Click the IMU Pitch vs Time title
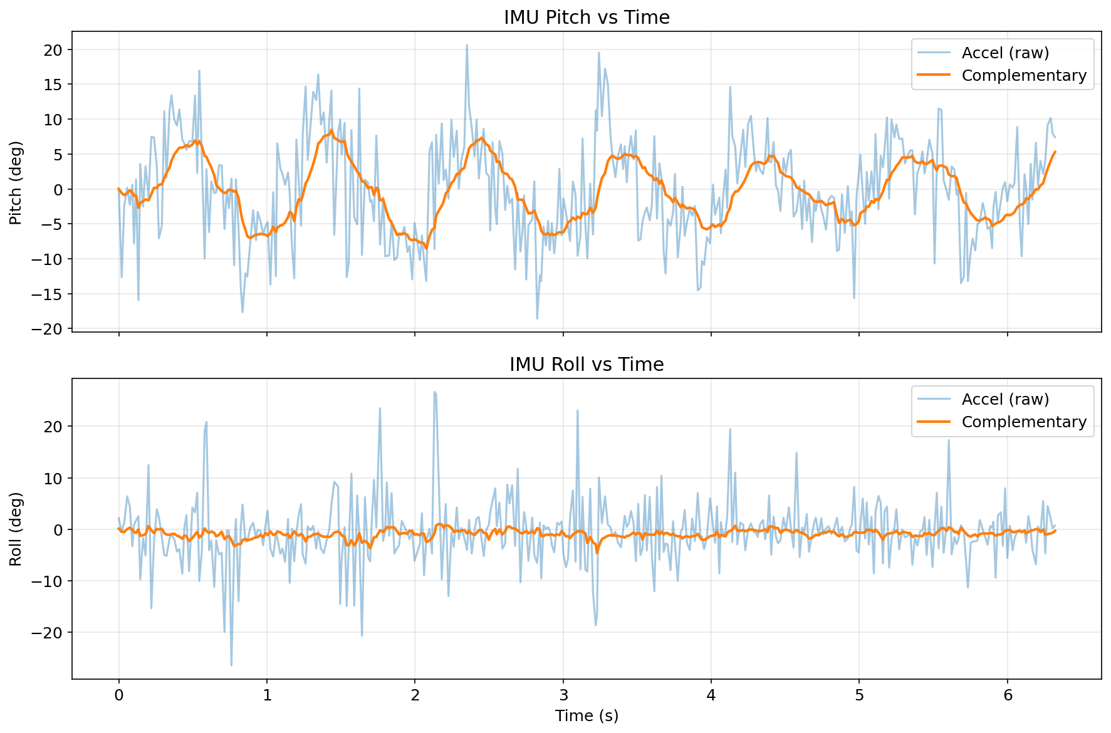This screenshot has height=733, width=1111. point(587,17)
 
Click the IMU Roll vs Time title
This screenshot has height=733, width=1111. point(587,364)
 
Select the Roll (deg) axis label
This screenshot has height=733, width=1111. point(16,529)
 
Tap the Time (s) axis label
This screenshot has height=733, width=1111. point(587,715)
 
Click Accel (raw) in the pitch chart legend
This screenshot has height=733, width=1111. point(1005,53)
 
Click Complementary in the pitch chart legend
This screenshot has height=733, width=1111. point(1024,75)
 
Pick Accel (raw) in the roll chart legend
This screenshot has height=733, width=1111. point(1005,399)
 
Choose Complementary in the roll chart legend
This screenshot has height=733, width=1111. point(1024,422)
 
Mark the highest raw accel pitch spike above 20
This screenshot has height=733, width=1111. point(467,45)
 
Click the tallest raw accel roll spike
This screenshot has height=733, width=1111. point(434,392)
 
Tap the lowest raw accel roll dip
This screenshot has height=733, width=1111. point(231,665)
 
